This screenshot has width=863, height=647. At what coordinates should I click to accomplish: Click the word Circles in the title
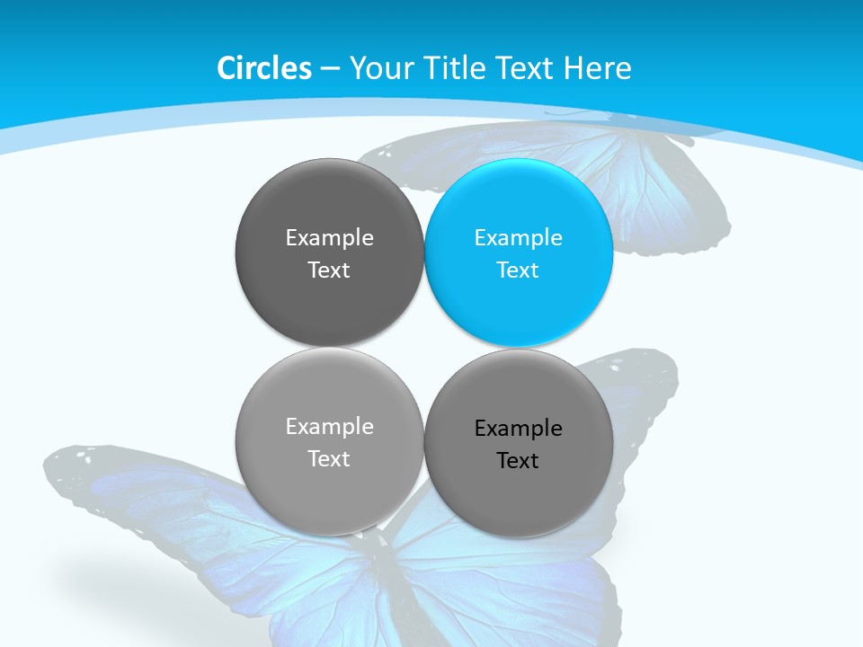click(264, 68)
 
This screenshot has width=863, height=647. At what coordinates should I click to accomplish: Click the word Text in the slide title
click(526, 68)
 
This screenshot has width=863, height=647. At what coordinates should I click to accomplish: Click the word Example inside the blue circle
click(519, 238)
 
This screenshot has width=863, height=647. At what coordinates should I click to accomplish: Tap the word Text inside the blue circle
click(519, 270)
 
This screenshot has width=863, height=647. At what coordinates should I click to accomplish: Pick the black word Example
click(519, 429)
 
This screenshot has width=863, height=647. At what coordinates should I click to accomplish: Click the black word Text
click(519, 461)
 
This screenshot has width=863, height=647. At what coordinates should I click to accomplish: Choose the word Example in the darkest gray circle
click(329, 238)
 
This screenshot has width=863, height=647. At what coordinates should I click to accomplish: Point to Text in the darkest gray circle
click(329, 270)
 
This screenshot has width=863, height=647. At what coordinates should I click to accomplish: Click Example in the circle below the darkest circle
click(329, 427)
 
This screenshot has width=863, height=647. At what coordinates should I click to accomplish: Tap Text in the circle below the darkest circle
click(329, 459)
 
